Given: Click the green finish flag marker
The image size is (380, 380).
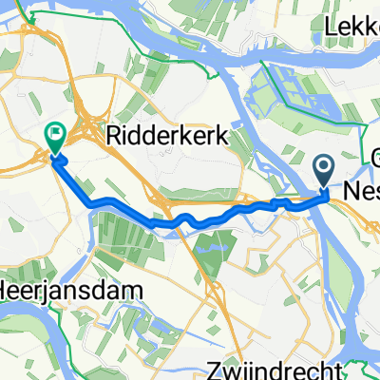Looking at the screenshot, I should point(54,139).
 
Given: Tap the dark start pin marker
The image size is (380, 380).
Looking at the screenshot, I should point(323,170).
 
